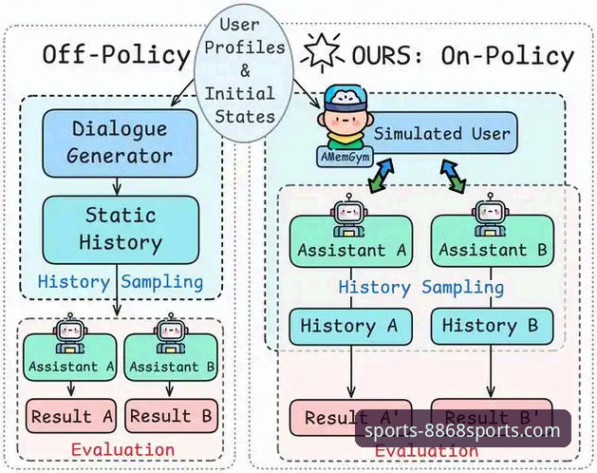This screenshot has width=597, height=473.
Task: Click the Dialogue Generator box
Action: click(119, 141)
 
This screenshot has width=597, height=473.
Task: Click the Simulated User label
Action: click(441, 134)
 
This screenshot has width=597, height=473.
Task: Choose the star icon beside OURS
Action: click(321, 52)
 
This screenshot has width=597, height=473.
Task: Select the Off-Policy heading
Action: click(116, 54)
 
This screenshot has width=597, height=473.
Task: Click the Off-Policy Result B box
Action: click(173, 416)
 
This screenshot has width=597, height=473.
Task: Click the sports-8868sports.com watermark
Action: click(463, 430)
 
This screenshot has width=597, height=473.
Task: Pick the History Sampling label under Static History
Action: click(121, 282)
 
